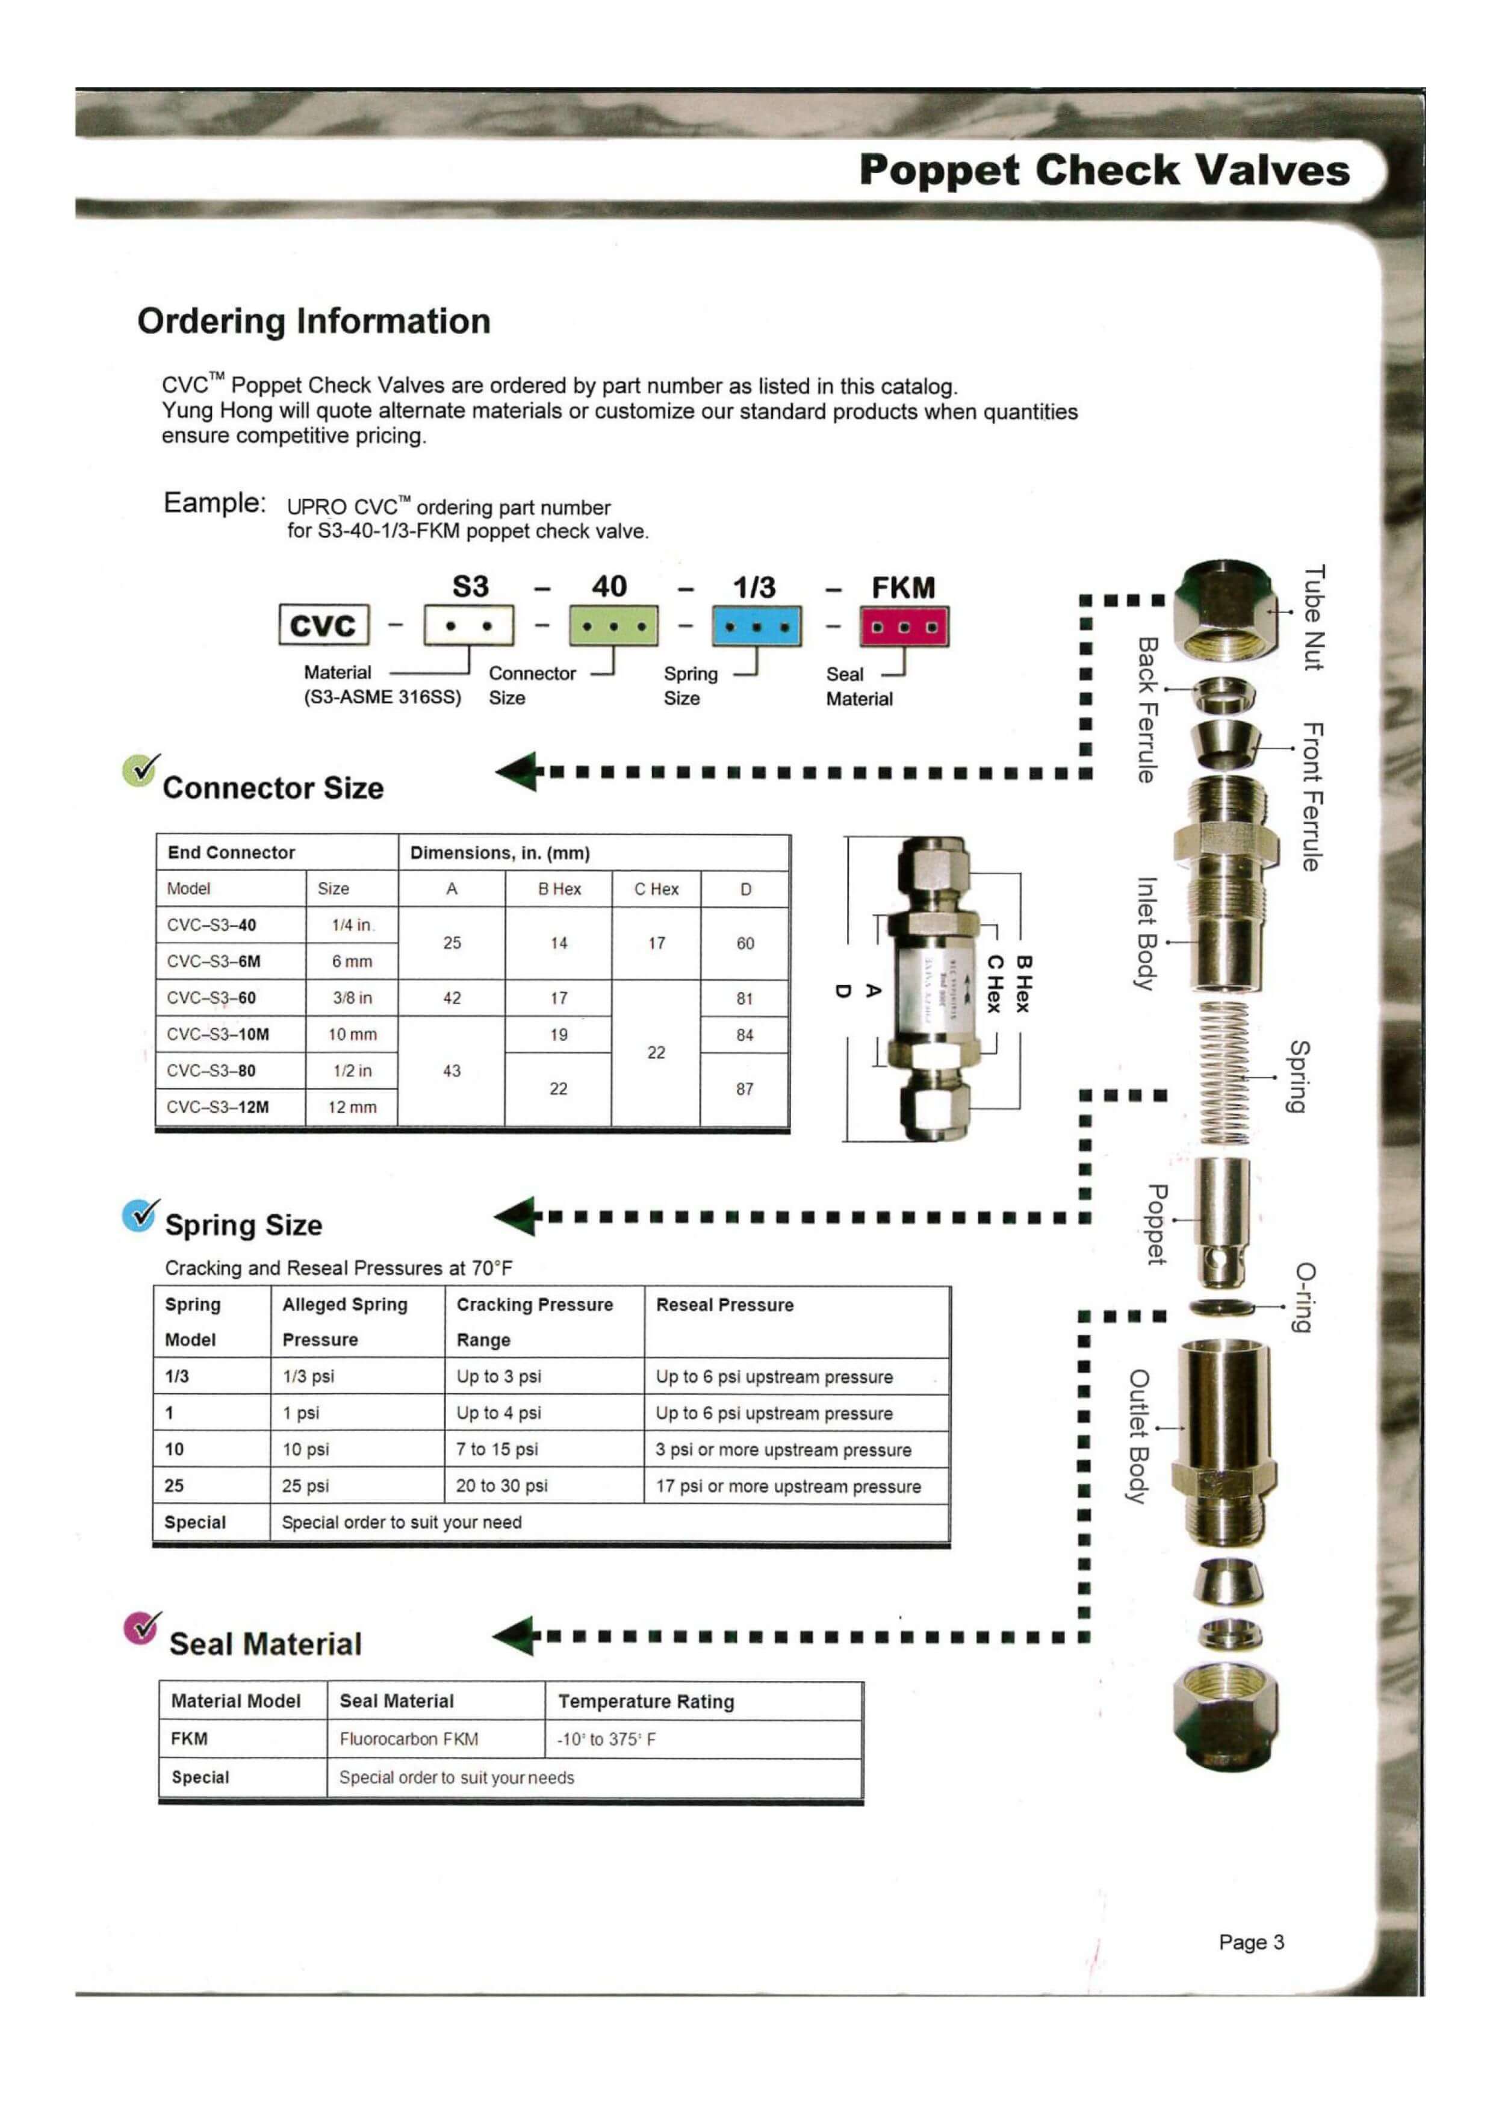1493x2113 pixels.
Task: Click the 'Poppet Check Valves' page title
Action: pos(1104,171)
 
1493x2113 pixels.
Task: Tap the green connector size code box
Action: pos(613,626)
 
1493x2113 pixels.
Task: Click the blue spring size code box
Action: pos(756,626)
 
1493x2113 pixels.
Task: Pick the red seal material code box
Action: pos(904,626)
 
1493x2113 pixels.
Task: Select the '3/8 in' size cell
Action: pos(352,997)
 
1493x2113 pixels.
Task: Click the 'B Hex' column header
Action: pos(559,889)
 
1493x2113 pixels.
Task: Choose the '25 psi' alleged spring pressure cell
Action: pos(305,1485)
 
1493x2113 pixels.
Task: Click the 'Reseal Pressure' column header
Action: pos(725,1305)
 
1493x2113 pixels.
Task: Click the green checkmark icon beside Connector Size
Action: pos(140,769)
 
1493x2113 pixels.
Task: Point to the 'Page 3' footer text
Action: pos(1251,1943)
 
